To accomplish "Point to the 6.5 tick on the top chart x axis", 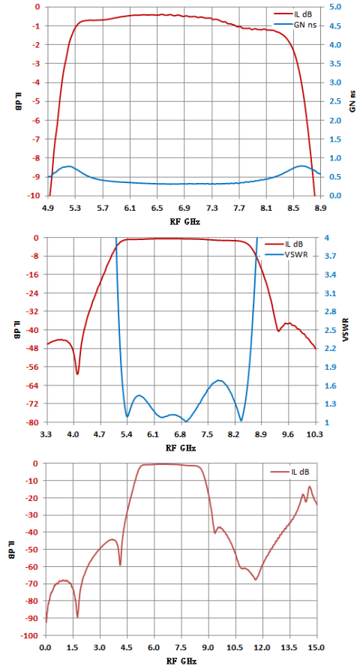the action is pos(157,208).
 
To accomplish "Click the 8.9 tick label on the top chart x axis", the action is pos(320,208).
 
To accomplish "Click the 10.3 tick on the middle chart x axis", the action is pos(316,434).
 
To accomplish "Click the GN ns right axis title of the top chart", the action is pos(352,101).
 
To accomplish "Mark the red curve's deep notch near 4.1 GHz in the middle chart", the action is pos(77,374).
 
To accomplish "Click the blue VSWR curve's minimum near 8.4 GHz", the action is pos(241,421).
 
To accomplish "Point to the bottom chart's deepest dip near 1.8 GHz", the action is pos(77,617).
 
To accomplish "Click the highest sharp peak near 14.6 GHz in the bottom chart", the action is pos(310,487).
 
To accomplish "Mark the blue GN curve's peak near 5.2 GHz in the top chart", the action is pos(68,166).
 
